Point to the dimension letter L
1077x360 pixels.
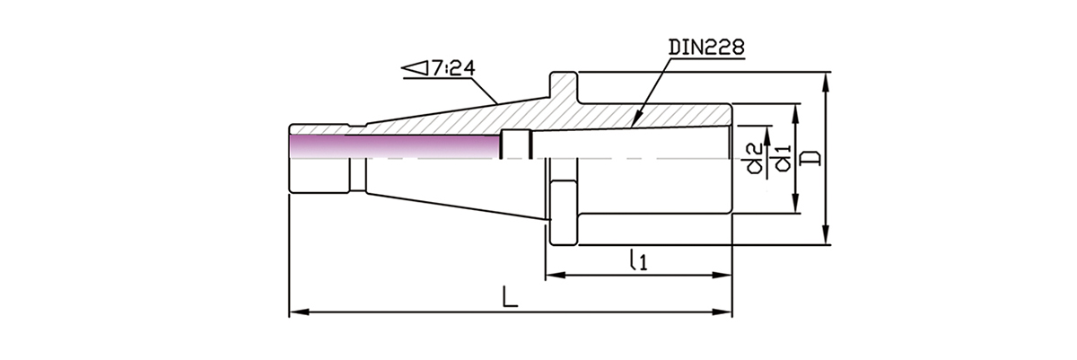tap(510, 297)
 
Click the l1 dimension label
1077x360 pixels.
tap(638, 260)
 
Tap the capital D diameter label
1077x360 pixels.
tap(810, 158)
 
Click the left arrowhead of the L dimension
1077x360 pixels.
tap(295, 312)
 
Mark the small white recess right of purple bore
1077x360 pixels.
tap(516, 144)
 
